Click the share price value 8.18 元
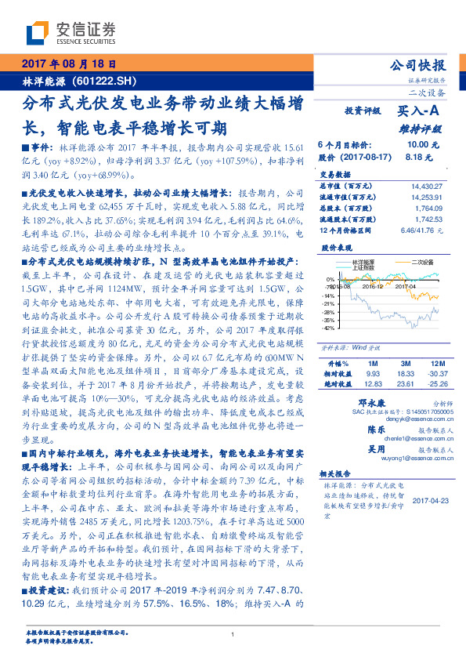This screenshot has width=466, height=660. (x=415, y=158)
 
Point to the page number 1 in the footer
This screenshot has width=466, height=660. (x=233, y=636)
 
